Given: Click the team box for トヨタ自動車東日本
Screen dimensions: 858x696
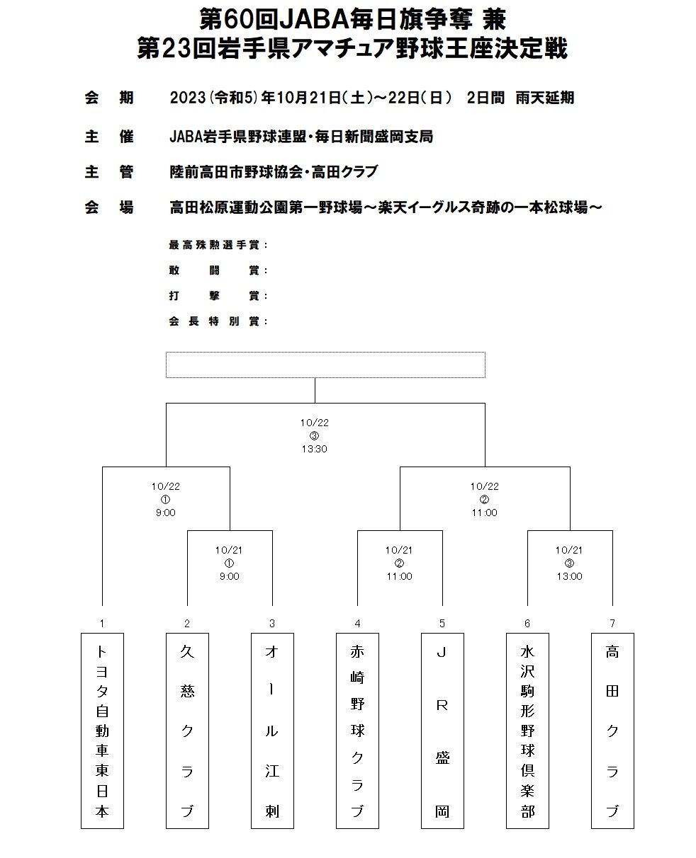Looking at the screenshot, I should [x=102, y=730].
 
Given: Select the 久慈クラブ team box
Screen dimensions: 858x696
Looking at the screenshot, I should [x=187, y=730].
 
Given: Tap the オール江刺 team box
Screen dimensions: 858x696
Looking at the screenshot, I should [x=272, y=730].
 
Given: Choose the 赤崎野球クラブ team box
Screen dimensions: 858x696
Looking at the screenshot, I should [x=357, y=730].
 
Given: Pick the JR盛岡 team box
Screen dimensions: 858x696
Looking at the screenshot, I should [x=442, y=730].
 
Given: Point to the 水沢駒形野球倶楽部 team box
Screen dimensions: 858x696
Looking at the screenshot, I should [x=527, y=730].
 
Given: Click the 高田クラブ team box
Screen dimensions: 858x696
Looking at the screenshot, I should [x=612, y=730].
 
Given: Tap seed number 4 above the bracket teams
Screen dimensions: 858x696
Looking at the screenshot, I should [x=357, y=624].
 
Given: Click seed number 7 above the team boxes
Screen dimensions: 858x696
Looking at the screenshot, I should [x=612, y=624].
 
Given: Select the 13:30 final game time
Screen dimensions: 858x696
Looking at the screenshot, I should [x=314, y=449].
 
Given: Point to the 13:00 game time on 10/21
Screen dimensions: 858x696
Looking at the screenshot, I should [x=569, y=576].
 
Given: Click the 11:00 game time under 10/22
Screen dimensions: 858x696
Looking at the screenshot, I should [x=484, y=513].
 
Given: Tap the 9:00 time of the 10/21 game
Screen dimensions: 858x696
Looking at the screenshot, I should [x=229, y=576].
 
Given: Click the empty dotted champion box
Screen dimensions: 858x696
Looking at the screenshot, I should [x=325, y=365].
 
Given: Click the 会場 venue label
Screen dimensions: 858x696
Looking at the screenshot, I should [x=109, y=207].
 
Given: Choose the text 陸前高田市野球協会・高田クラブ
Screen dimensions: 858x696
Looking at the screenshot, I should [x=274, y=171].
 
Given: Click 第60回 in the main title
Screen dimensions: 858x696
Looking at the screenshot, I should [x=225, y=19].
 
